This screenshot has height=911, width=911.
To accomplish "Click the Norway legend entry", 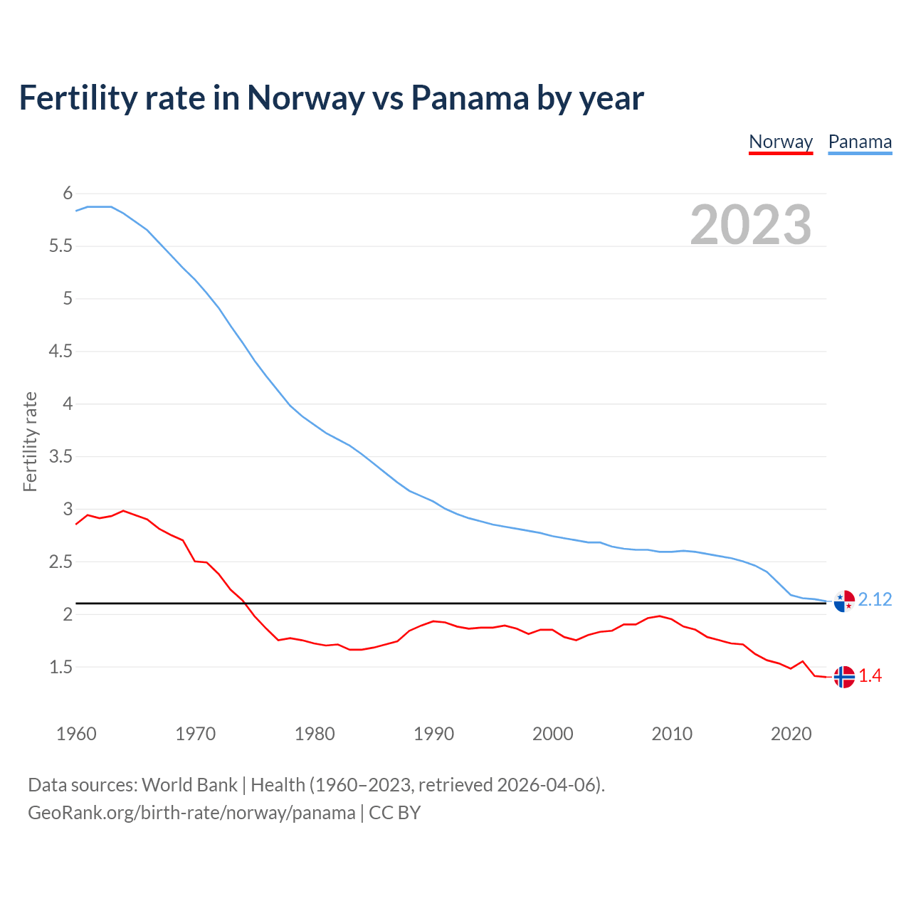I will tap(781, 142).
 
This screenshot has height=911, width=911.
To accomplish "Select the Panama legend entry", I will tap(860, 142).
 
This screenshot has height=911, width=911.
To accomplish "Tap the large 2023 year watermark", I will tap(751, 225).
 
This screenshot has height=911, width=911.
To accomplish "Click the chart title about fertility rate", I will tap(331, 98).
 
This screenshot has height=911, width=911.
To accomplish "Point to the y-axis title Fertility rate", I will tap(30, 441).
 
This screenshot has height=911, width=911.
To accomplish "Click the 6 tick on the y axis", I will tap(68, 193).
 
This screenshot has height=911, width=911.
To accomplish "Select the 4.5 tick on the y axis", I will tap(60, 351).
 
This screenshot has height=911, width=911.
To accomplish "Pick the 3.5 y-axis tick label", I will tap(60, 456).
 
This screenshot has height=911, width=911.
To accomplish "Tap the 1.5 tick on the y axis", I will tap(60, 667).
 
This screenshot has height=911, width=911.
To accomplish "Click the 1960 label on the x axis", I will tap(76, 734).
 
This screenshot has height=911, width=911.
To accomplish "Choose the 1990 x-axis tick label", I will tap(433, 734).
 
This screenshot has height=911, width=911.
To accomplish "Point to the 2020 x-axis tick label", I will tap(791, 734).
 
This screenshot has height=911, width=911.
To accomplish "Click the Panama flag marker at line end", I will tap(844, 601).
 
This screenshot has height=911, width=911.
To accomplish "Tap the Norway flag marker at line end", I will tap(844, 677).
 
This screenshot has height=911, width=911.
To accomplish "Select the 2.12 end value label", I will tap(875, 600).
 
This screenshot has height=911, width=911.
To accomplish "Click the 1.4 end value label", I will tap(870, 676).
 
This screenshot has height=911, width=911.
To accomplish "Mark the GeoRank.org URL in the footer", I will tap(191, 813).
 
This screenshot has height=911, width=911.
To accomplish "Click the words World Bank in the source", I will tap(189, 785).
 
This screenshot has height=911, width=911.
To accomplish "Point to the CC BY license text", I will tap(395, 813).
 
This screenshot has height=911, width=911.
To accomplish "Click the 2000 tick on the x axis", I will tap(552, 734).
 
